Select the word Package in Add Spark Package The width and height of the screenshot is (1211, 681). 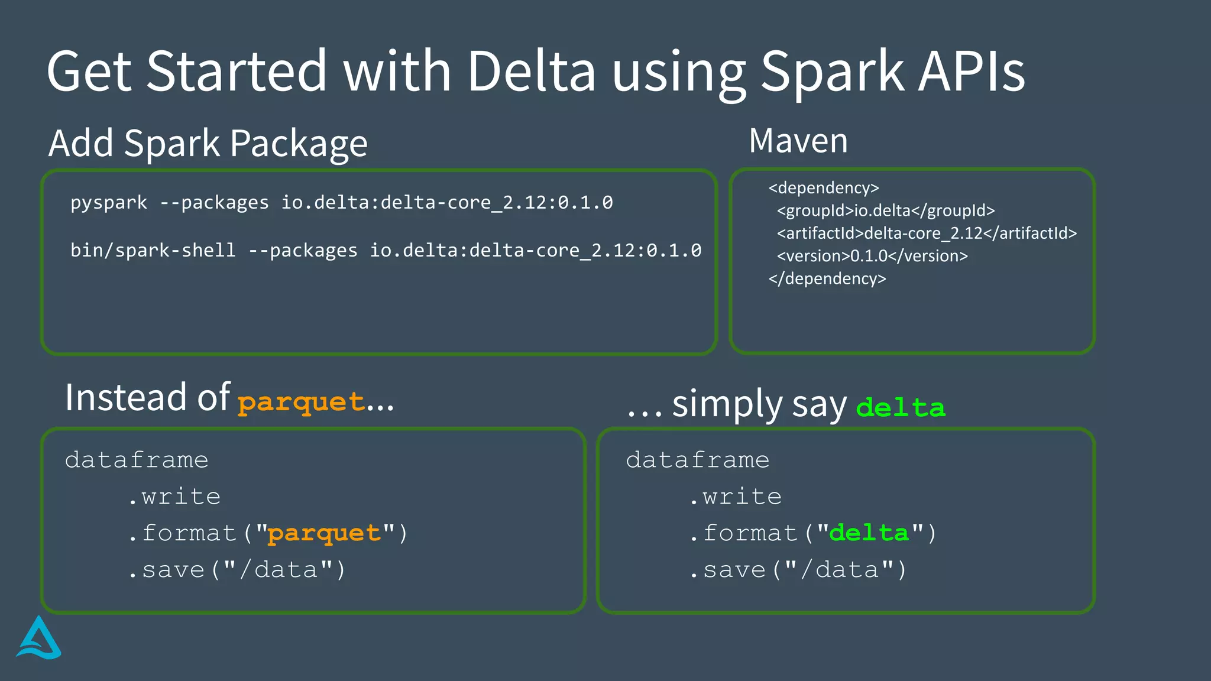[x=299, y=144]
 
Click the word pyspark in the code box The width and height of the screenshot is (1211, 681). [x=109, y=203]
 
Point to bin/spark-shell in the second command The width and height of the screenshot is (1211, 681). [x=153, y=250]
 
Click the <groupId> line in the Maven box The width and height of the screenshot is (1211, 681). [x=885, y=210]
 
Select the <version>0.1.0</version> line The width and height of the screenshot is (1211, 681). [x=872, y=256]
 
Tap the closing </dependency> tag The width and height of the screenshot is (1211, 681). [x=827, y=278]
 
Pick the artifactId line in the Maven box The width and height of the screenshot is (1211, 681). [x=927, y=234]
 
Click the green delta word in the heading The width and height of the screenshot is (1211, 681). [x=901, y=407]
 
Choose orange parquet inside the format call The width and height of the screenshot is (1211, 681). [x=324, y=533]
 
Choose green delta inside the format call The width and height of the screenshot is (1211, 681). [x=869, y=533]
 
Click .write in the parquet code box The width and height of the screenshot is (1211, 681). [x=174, y=497]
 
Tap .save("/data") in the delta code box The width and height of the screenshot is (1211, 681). [x=798, y=570]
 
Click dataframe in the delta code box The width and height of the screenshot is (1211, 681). [x=698, y=460]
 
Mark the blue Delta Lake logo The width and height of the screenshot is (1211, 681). [x=38, y=638]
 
